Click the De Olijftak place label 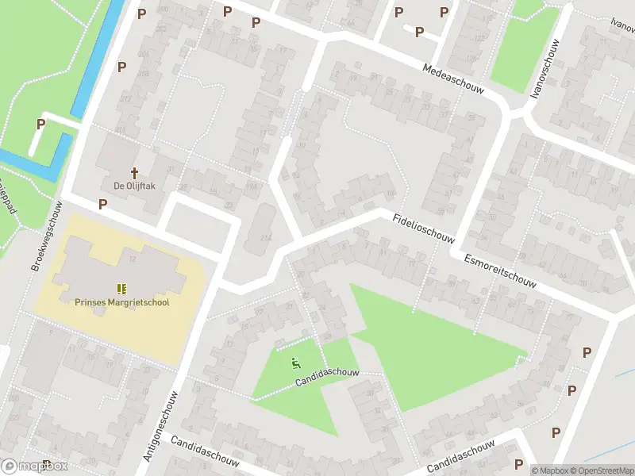point(134,185)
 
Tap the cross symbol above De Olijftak point(134,172)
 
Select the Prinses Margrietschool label point(122,301)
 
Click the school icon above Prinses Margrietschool point(122,289)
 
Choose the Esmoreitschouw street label point(500,270)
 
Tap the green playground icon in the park point(295,364)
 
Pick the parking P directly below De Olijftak point(102,204)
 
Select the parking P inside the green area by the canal point(40,124)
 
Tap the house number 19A point(252,186)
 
